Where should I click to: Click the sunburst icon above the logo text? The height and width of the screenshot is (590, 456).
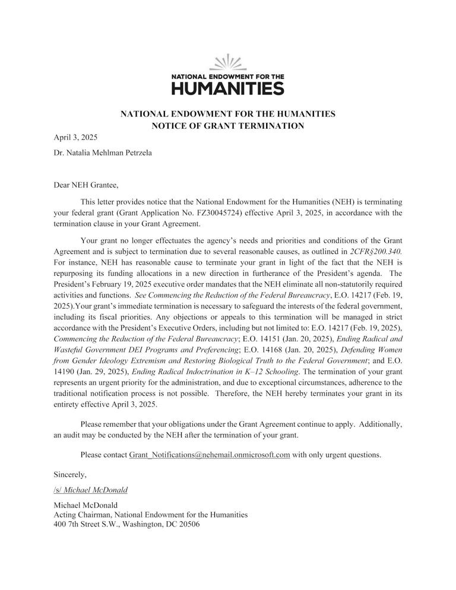(x=227, y=62)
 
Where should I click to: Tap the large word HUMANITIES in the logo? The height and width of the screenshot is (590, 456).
(x=227, y=88)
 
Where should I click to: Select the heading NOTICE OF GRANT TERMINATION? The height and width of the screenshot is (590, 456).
(x=227, y=125)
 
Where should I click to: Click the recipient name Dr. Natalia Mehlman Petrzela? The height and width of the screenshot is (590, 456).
(x=103, y=153)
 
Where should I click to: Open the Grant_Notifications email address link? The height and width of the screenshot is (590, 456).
(x=209, y=455)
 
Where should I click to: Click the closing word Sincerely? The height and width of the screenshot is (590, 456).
(x=70, y=474)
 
